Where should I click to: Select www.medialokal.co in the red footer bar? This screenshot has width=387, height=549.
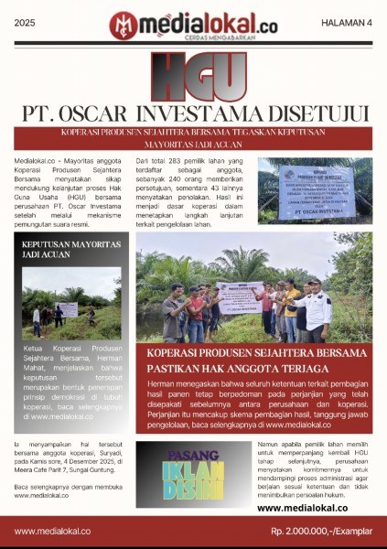pos(52,531)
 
